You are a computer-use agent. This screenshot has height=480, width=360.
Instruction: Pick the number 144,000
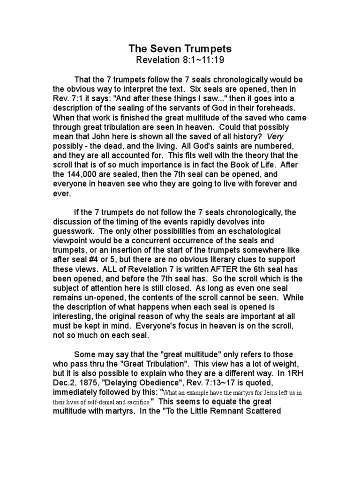point(95,175)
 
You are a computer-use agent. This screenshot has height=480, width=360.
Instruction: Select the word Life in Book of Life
point(266,165)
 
